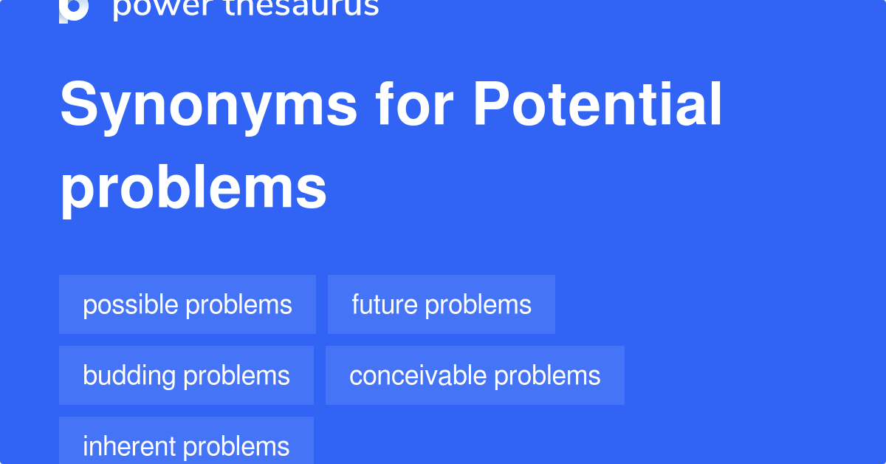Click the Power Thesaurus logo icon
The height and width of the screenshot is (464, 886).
tap(74, 9)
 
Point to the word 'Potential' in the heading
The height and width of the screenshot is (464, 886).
tap(597, 104)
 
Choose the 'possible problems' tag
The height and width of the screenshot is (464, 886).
tap(188, 304)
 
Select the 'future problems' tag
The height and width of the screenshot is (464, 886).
tap(442, 304)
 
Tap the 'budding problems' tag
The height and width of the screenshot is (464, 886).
tap(186, 375)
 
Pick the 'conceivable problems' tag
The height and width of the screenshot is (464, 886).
tap(475, 375)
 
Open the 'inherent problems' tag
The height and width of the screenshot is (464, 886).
tap(186, 446)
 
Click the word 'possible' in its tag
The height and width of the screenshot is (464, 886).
tap(130, 304)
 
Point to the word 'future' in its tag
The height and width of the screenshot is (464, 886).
tap(385, 304)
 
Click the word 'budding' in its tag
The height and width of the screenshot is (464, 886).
tap(129, 375)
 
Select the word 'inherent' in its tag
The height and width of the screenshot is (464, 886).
tap(129, 446)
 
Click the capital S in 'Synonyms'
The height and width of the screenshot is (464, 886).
tap(79, 105)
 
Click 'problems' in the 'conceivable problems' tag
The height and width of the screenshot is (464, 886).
tap(547, 375)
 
